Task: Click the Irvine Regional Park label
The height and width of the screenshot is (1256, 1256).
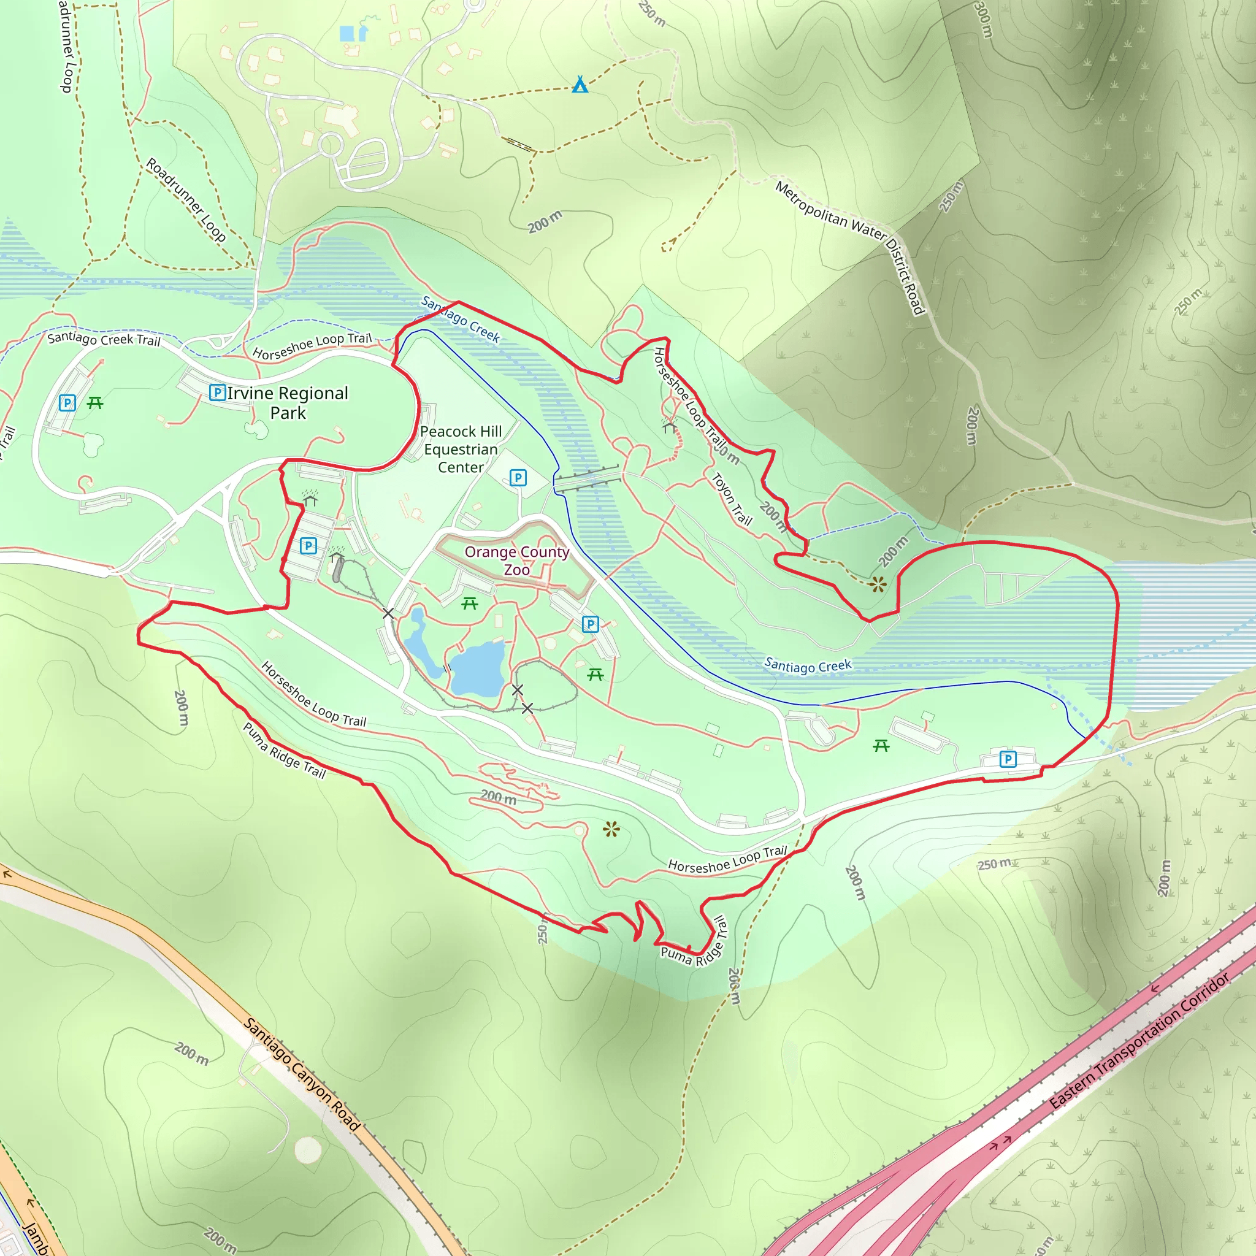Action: point(288,402)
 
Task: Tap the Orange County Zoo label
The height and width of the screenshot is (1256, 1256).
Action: point(517,561)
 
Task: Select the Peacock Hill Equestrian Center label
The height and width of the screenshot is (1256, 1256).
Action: point(461,449)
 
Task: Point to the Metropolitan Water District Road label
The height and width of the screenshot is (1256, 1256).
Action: point(852,247)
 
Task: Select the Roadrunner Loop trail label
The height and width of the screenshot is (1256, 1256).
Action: point(186,200)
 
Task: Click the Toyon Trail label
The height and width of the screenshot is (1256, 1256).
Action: point(732,499)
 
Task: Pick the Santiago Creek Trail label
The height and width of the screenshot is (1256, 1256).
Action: point(104,339)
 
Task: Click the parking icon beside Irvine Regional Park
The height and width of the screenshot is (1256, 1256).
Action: point(217,392)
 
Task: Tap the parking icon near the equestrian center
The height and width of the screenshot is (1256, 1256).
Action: point(518,478)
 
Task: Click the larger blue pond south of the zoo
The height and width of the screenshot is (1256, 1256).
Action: point(478,668)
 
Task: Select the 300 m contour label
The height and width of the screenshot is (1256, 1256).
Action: point(982,20)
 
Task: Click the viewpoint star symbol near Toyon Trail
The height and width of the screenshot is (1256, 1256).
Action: point(878,584)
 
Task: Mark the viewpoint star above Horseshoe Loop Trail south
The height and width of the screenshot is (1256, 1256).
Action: point(611,829)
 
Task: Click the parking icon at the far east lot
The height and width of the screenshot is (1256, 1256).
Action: point(1008,759)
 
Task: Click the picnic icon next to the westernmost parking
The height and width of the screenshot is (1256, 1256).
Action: point(95,403)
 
